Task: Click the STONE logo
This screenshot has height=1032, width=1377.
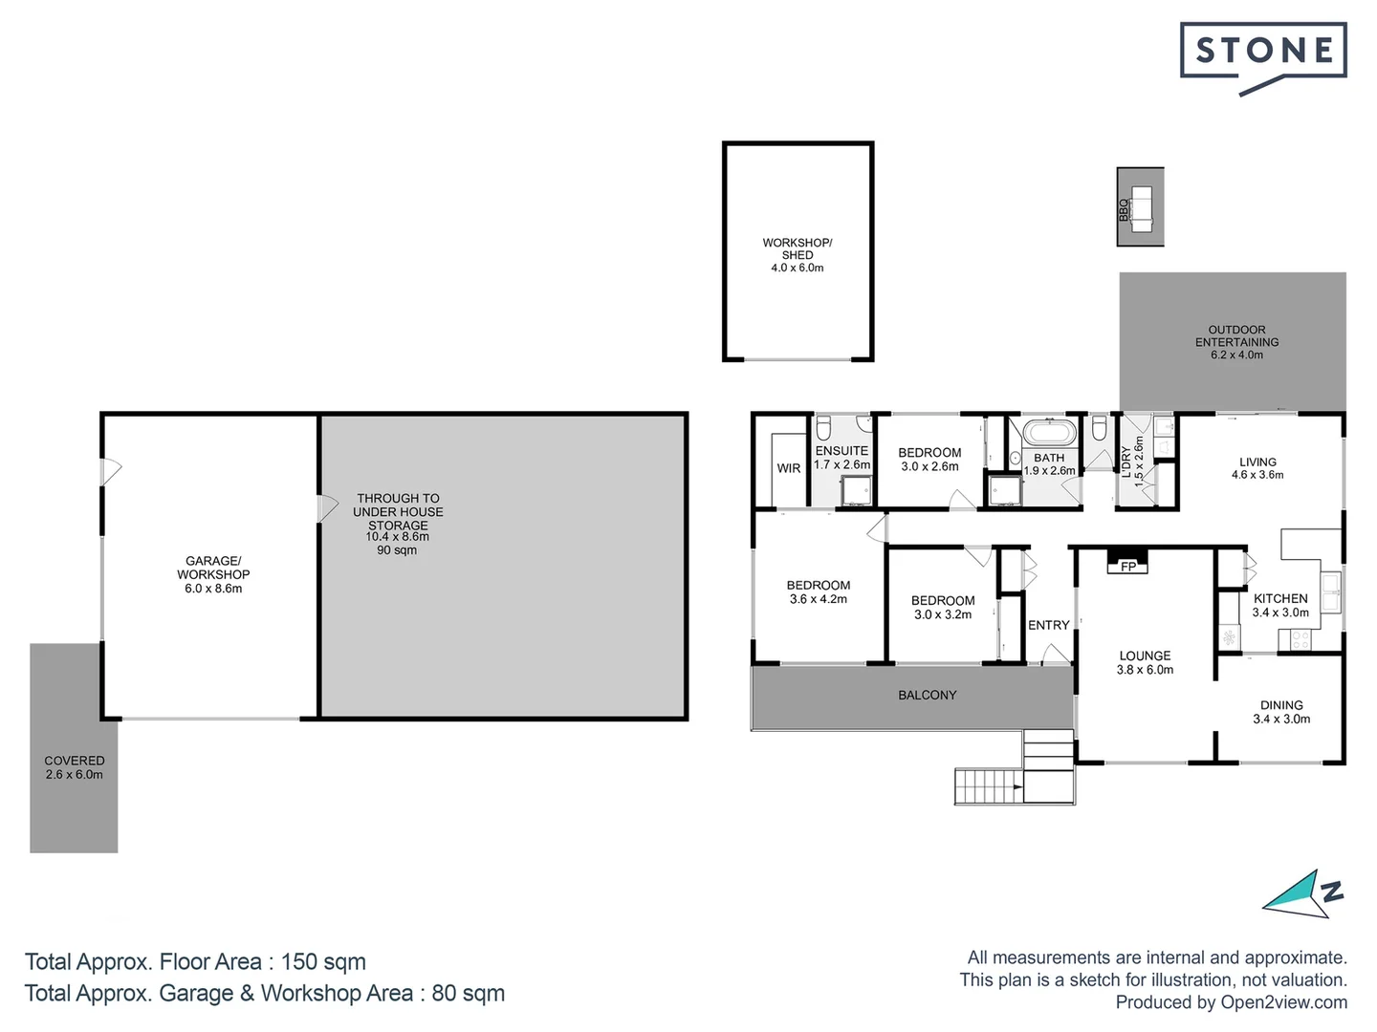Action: point(1263,52)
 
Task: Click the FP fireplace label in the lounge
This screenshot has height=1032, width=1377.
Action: point(1128,567)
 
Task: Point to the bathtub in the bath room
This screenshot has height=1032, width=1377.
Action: point(1049,433)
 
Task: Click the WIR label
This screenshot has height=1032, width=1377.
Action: point(789,468)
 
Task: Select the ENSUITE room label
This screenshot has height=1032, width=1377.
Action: point(841,451)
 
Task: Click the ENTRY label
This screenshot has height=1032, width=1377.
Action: point(1048,625)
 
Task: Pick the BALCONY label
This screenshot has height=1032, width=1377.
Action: point(927,695)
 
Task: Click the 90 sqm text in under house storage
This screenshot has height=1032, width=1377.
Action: point(397,550)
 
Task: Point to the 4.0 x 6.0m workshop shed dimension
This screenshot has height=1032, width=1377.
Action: point(797,269)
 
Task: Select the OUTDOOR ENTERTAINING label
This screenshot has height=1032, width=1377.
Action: point(1236,335)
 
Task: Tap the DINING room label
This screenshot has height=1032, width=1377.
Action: point(1281,705)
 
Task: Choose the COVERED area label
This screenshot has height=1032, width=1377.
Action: point(74,761)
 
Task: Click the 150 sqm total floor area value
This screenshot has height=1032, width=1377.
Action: point(323,961)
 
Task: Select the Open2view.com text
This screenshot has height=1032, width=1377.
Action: point(1283,1002)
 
